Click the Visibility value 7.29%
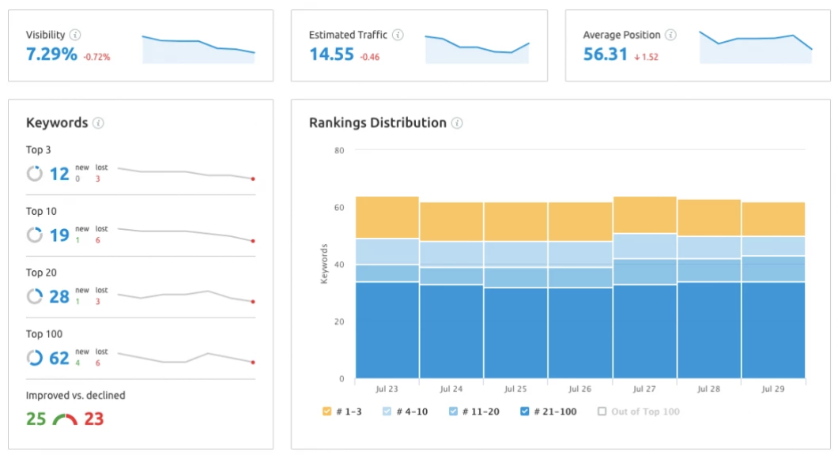click(51, 55)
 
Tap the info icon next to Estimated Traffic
click(398, 35)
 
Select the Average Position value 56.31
click(605, 55)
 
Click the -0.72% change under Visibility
click(96, 57)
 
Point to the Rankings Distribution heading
click(377, 122)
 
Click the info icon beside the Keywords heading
click(98, 122)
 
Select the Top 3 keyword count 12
click(59, 174)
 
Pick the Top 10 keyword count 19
click(59, 235)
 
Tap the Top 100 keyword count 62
click(59, 358)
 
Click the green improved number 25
click(36, 419)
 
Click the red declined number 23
click(93, 419)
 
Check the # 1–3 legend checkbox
click(327, 412)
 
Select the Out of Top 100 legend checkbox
click(602, 412)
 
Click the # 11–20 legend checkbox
click(453, 412)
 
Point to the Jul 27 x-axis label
click(644, 389)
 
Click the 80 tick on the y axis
click(339, 150)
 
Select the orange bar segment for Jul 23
click(387, 217)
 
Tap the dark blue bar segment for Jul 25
click(515, 333)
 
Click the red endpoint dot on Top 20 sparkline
click(253, 302)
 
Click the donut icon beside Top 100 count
click(35, 358)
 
